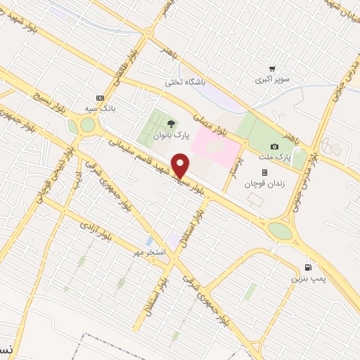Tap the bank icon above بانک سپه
point(100,98)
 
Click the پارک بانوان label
point(172,134)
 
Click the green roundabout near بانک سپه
point(87,126)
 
